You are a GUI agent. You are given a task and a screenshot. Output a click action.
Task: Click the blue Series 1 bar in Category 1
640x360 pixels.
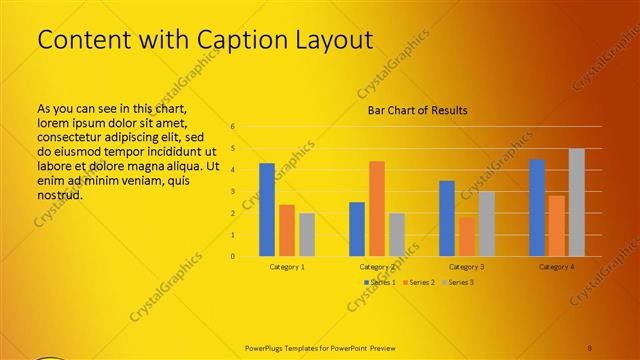coord(267,210)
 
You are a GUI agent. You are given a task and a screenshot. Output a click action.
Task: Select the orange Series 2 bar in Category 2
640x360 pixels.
coord(376,209)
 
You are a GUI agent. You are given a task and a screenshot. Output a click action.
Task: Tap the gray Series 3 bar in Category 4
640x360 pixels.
coord(576,203)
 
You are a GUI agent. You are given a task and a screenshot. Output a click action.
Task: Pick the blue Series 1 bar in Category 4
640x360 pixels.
coord(537,208)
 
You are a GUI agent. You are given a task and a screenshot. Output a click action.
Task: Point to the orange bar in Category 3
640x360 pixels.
coord(467,237)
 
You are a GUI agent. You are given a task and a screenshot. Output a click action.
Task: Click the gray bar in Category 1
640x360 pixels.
coord(306,235)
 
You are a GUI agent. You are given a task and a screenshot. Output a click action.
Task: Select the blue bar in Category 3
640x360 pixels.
coord(447,219)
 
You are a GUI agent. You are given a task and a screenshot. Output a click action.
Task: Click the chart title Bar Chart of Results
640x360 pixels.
coord(411,110)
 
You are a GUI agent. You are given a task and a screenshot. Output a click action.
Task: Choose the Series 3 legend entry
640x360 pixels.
coord(457,283)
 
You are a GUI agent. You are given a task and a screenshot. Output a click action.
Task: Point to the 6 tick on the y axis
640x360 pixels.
coord(232,127)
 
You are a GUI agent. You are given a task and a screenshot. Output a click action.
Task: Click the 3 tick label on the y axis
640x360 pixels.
coord(232,191)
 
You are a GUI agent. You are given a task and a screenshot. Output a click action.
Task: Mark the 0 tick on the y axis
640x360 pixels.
coord(232,256)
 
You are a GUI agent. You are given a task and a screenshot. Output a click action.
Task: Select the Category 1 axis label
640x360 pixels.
coord(287,267)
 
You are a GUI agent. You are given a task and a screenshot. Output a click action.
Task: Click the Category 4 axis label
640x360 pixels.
coord(556,267)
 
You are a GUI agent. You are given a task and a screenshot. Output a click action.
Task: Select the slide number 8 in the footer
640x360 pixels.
coord(590,348)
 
